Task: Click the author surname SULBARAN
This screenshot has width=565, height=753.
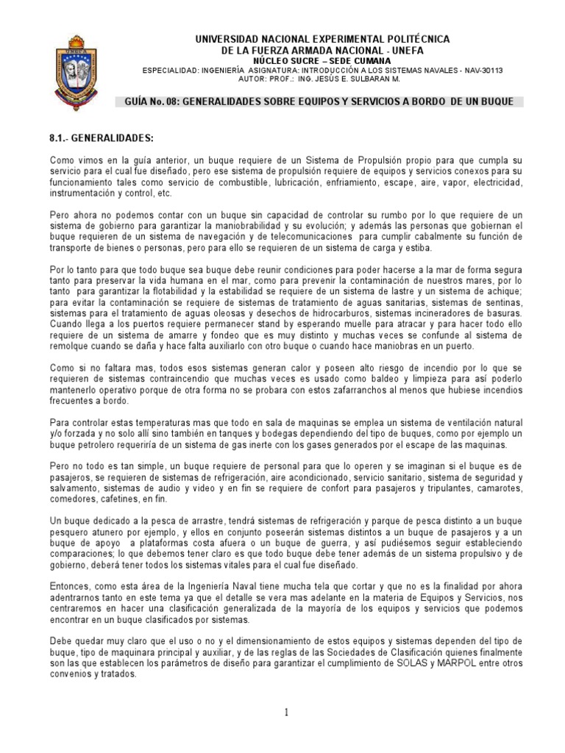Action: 364,79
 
